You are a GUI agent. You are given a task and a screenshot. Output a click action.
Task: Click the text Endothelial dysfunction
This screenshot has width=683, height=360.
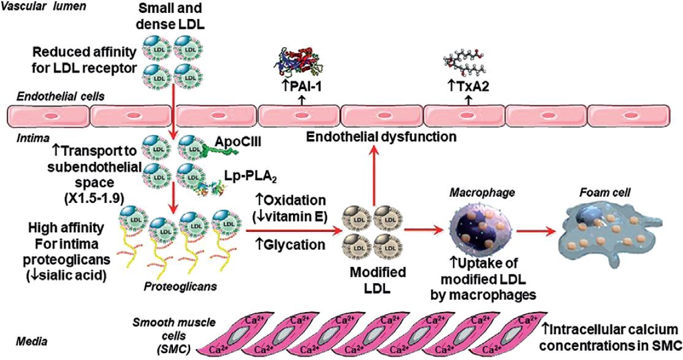pos(383,136)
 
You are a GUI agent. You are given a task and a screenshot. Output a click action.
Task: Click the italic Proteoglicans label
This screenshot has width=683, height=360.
pos(172,286)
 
